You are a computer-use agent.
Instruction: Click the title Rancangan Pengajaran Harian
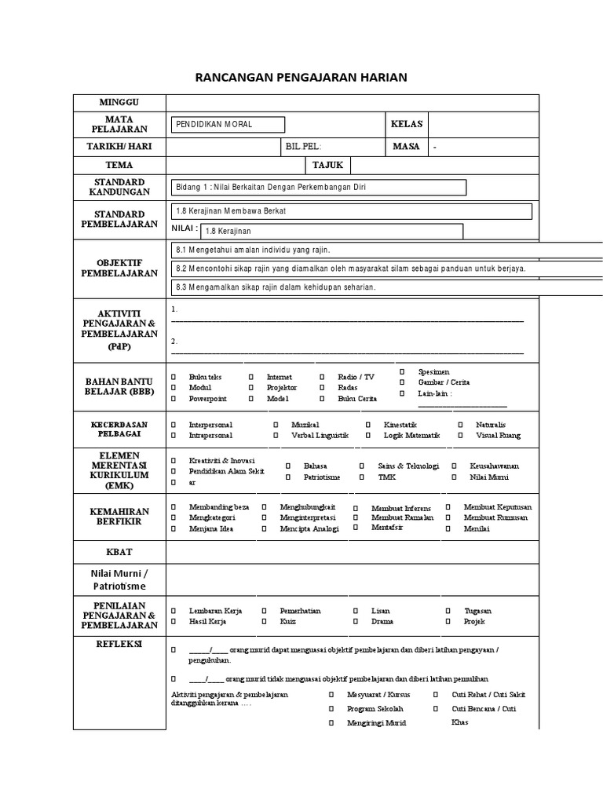pyautogui.click(x=301, y=77)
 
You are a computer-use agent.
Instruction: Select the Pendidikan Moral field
pyautogui.click(x=228, y=125)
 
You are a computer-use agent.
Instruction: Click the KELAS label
pyautogui.click(x=407, y=124)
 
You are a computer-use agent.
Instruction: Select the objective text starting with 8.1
pyautogui.click(x=253, y=250)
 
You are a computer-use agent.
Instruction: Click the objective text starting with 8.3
pyautogui.click(x=276, y=287)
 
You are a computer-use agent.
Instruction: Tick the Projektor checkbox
pyautogui.click(x=251, y=388)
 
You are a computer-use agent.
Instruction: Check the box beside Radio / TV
pyautogui.click(x=322, y=378)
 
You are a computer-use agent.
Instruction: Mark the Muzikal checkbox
pyautogui.click(x=276, y=425)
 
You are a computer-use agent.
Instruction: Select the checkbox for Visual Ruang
pyautogui.click(x=460, y=435)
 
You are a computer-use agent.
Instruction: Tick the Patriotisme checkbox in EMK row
pyautogui.click(x=288, y=477)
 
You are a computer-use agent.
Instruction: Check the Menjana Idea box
pyautogui.click(x=174, y=529)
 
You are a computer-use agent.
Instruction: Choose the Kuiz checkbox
pyautogui.click(x=265, y=621)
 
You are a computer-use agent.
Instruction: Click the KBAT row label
pyautogui.click(x=119, y=552)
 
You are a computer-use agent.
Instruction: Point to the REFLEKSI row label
pyautogui.click(x=119, y=641)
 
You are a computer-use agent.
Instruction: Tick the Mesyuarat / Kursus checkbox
pyautogui.click(x=331, y=695)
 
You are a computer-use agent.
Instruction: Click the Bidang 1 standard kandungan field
pyautogui.click(x=318, y=187)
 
